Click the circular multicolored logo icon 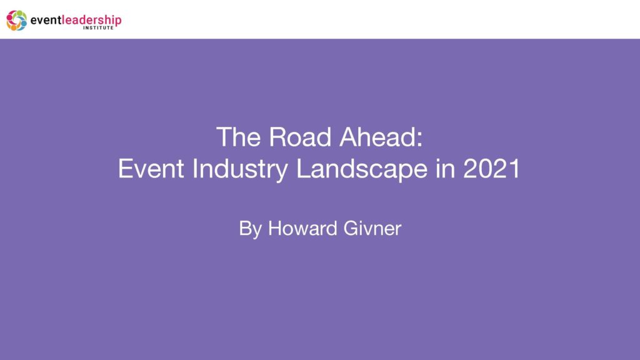(x=16, y=20)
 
